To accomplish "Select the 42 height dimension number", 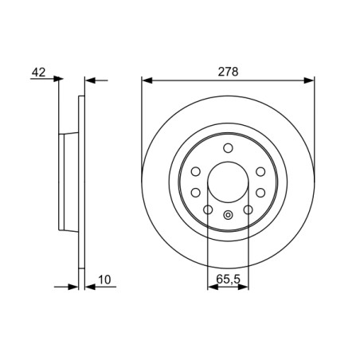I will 37,72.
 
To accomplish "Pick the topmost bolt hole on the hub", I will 228,148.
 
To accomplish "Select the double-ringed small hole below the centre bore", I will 228,214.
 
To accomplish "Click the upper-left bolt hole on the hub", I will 196,171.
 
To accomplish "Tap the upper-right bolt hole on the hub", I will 260,171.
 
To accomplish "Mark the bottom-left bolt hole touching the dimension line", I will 208,209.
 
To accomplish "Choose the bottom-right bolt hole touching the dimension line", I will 248,209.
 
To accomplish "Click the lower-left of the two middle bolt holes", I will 196,190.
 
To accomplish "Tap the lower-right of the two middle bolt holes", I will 260,190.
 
